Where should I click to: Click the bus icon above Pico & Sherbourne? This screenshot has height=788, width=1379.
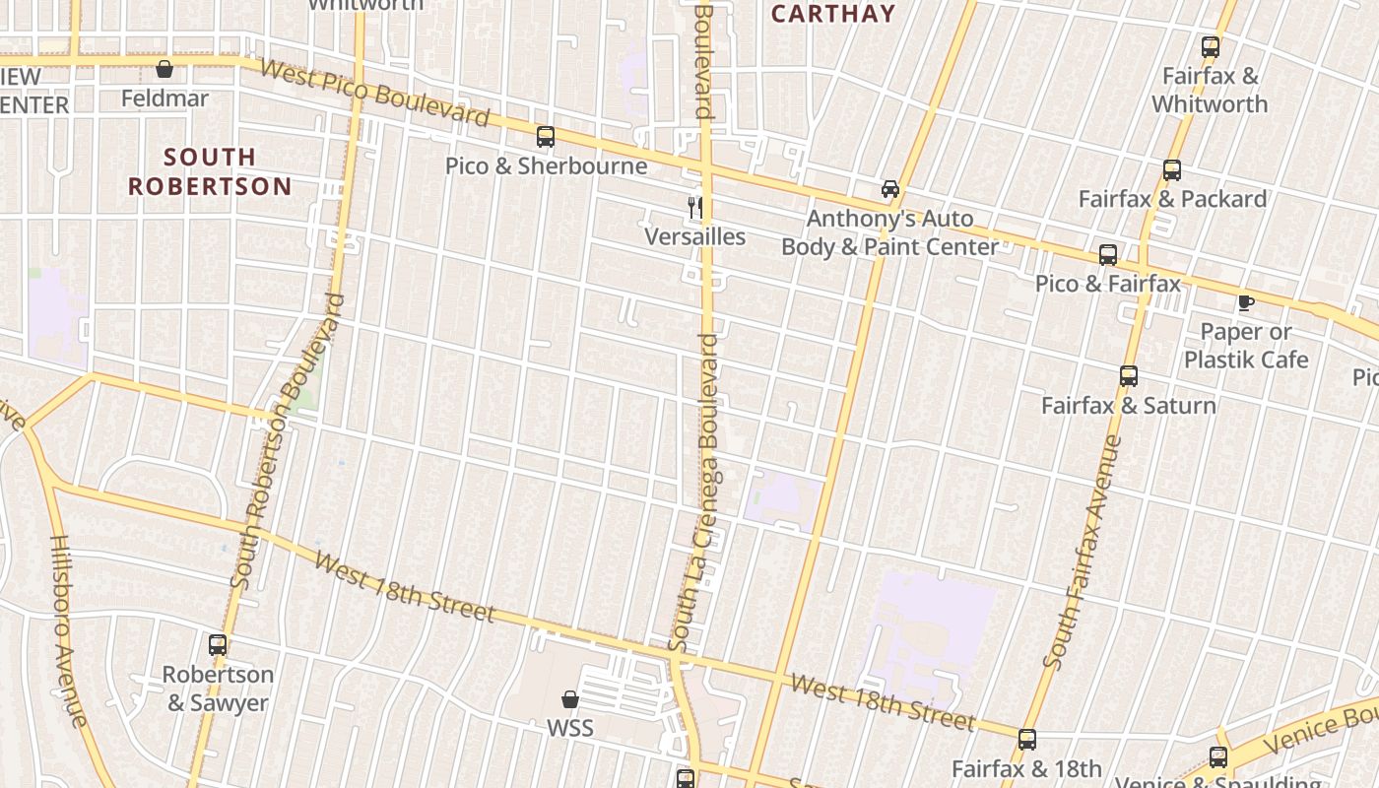[x=545, y=137]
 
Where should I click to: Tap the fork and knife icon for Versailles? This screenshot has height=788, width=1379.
[x=695, y=208]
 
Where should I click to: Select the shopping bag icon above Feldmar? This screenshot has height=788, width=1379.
[x=164, y=70]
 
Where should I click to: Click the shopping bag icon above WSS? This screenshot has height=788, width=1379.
[x=569, y=700]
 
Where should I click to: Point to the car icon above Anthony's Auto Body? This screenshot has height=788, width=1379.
[x=889, y=189]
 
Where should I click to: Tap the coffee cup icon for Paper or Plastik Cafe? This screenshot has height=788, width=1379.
[x=1245, y=302]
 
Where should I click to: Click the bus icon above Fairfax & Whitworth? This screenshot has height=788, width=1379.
[x=1210, y=47]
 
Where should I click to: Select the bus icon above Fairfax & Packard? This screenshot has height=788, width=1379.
[x=1171, y=170]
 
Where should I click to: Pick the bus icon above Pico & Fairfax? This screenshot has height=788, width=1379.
[x=1107, y=255]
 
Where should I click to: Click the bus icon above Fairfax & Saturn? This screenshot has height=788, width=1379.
[x=1128, y=376]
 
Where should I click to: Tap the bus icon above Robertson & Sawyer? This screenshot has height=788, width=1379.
[x=217, y=646]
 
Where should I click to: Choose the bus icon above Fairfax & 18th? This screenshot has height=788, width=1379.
[x=1026, y=740]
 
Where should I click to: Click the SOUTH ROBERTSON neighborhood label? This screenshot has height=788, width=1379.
[x=210, y=171]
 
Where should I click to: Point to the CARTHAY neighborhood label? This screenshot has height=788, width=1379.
[x=833, y=14]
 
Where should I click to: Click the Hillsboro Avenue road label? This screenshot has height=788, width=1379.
[x=70, y=630]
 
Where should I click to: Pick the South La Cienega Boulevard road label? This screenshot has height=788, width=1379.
[x=693, y=492]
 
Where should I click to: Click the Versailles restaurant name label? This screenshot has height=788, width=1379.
[x=694, y=237]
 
